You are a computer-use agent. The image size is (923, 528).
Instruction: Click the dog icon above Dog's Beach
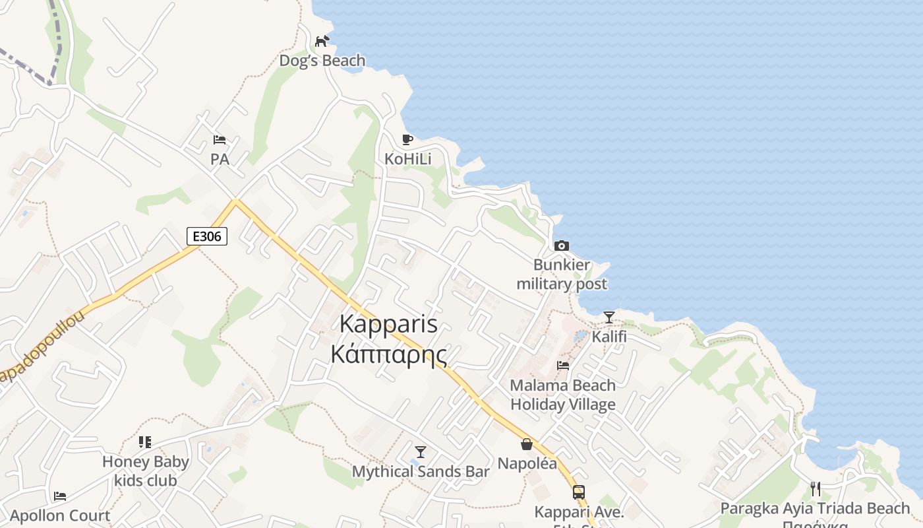(322, 42)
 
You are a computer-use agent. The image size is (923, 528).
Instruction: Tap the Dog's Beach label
(322, 61)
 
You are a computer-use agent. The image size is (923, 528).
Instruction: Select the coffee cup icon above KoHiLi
(407, 139)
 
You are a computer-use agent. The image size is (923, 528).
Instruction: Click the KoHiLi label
(408, 159)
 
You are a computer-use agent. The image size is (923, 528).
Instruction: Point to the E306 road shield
(207, 236)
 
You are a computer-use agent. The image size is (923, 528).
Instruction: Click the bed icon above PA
(220, 140)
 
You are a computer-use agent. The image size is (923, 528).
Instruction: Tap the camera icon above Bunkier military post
(562, 246)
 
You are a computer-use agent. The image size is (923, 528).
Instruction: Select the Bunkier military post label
(562, 275)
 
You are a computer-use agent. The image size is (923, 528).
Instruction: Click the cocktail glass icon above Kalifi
(609, 317)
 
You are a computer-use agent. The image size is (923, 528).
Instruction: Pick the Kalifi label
(609, 337)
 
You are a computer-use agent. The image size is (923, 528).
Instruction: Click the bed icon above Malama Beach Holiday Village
(563, 365)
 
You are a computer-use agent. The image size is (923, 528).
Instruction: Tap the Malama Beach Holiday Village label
(563, 395)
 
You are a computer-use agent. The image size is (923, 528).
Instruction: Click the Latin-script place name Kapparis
(388, 324)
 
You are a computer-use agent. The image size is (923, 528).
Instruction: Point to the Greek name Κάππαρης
(388, 354)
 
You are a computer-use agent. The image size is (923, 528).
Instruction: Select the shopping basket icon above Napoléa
(526, 444)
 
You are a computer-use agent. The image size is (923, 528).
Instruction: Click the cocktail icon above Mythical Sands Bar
(421, 452)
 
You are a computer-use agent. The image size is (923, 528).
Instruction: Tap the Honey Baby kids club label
(146, 471)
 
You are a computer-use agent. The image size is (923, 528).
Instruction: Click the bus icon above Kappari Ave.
(579, 492)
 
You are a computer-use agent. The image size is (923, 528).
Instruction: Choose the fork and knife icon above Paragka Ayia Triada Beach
(816, 489)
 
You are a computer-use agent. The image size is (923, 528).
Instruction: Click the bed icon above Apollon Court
(60, 496)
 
